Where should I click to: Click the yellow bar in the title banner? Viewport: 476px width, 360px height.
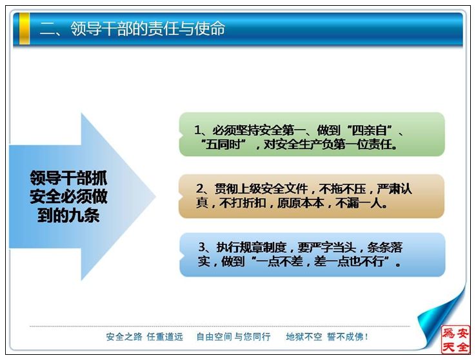(25, 29)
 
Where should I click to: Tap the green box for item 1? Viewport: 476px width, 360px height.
(312, 134)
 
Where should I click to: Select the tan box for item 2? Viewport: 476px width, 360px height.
(312, 196)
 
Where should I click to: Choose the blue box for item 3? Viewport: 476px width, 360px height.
(312, 254)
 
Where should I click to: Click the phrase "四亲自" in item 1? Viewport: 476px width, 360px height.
(369, 130)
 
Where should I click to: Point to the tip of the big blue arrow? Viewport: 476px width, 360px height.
(155, 196)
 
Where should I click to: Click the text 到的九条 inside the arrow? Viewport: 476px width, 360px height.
(68, 216)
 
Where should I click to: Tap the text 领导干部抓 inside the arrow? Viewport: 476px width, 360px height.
(68, 178)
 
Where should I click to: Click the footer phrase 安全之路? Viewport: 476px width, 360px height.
(124, 337)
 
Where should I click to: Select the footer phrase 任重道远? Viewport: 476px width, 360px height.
(165, 337)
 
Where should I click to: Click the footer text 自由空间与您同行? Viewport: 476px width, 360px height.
(233, 337)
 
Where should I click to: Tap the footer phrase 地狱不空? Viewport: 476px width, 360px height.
(304, 337)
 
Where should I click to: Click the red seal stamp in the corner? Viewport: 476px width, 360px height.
(455, 339)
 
